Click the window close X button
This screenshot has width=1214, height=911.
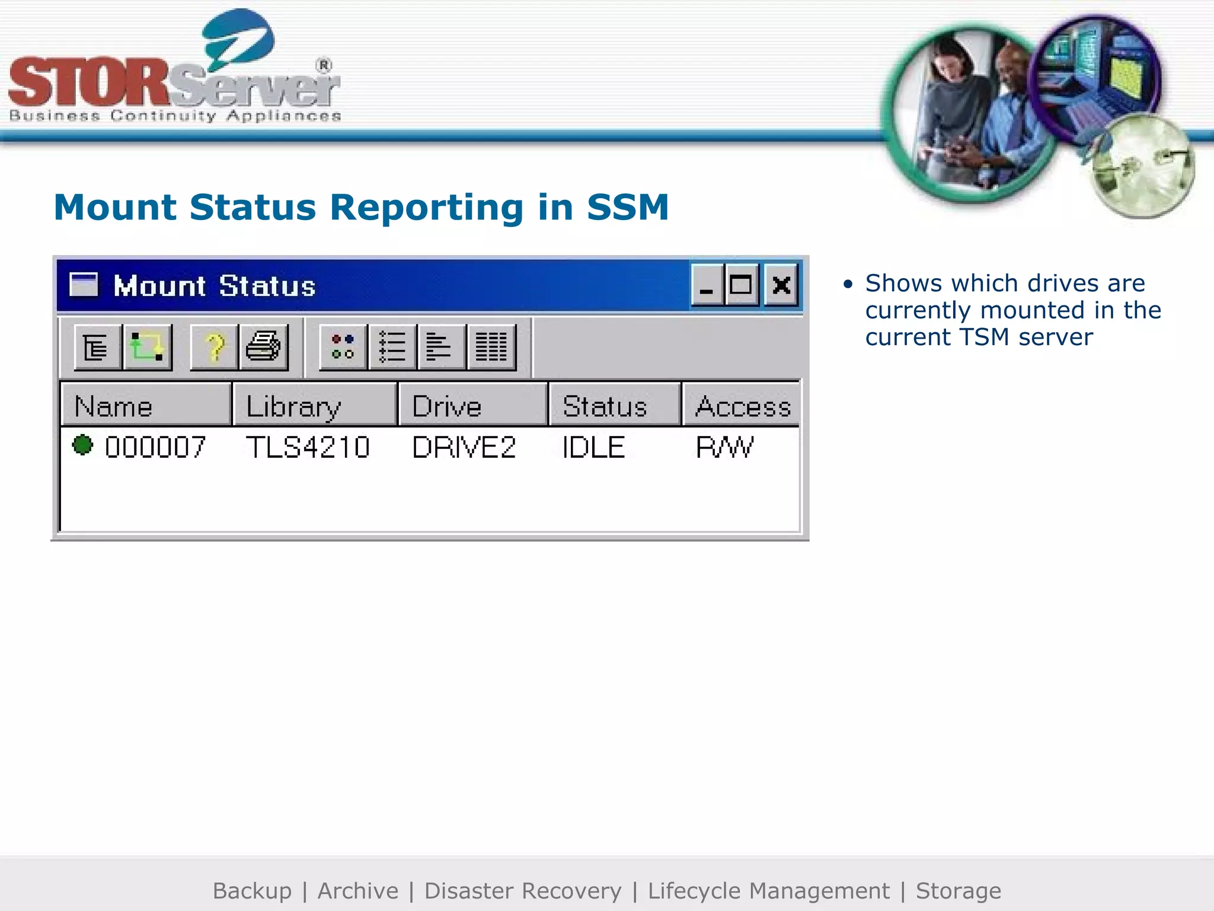(x=781, y=286)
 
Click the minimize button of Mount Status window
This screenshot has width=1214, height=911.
(x=707, y=286)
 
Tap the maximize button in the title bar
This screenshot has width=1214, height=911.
(x=741, y=286)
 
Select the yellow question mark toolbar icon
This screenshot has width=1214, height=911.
(x=215, y=348)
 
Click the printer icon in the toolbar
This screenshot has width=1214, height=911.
(x=263, y=348)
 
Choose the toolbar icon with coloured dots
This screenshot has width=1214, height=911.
(x=343, y=348)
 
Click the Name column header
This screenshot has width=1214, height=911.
(x=145, y=406)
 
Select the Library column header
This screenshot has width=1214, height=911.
(x=314, y=406)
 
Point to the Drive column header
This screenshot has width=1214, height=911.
(x=472, y=406)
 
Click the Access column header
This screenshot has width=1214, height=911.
(x=742, y=406)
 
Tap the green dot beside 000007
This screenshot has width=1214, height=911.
(x=82, y=445)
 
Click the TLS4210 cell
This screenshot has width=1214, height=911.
(x=308, y=447)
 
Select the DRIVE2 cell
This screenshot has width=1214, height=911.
(x=464, y=447)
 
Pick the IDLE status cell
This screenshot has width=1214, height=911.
(x=593, y=447)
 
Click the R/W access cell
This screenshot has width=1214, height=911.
(x=724, y=447)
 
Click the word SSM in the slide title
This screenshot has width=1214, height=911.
(x=627, y=208)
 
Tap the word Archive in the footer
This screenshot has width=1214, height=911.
(x=358, y=891)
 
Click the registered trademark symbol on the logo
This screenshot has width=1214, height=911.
(x=324, y=65)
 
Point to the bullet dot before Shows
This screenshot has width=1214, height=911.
(x=848, y=285)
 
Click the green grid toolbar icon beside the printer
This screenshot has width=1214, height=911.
(x=146, y=348)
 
